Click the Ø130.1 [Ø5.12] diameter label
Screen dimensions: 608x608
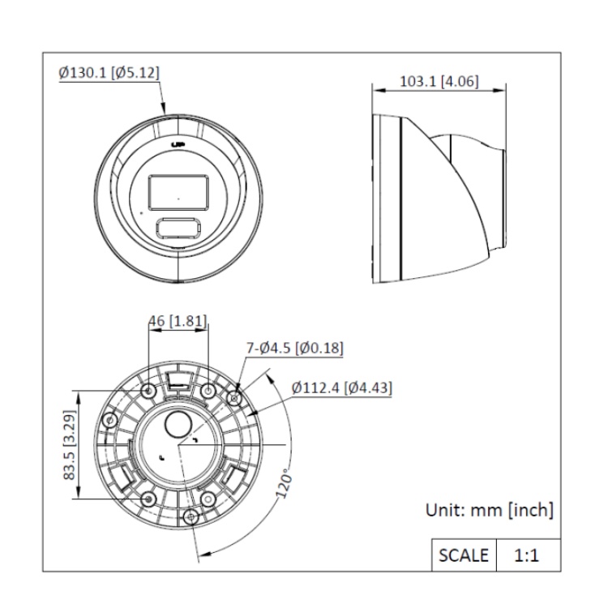[x=109, y=72]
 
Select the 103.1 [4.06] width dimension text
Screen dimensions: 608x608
[x=439, y=81]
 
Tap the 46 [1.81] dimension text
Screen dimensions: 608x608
[x=178, y=321]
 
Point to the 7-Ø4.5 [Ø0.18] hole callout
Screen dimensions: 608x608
[x=294, y=348]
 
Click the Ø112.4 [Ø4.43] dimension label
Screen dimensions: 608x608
[x=342, y=388]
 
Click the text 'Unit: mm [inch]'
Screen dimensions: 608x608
[x=490, y=511]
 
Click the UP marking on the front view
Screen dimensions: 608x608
[x=178, y=144]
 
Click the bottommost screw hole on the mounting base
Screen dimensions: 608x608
[x=191, y=516]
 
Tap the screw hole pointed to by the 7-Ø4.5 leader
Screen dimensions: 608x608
[x=236, y=397]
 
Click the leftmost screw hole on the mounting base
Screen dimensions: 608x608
[x=108, y=420]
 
